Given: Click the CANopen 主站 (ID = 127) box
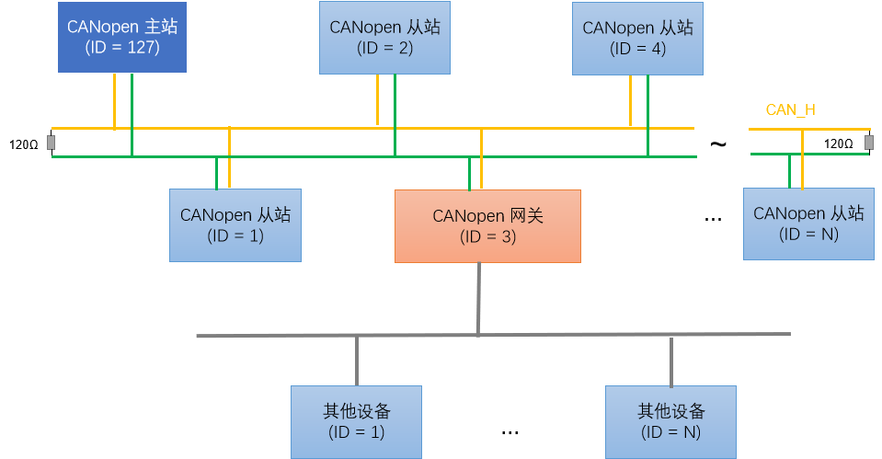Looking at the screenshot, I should tap(122, 37).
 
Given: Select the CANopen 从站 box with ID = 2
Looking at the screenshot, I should tap(384, 37).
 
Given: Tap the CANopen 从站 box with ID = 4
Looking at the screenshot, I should tap(637, 37).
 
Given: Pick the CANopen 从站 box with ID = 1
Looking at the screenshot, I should tap(235, 224).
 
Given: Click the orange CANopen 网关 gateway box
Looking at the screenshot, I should tap(487, 225).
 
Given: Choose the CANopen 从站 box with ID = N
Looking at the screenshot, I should tap(808, 224).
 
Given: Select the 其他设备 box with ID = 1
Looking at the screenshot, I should tap(357, 421).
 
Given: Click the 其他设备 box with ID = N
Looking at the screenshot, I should tap(671, 421).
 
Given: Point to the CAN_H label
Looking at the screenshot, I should tap(790, 110).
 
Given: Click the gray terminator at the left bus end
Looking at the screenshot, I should tap(52, 143).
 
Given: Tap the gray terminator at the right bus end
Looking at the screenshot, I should tap(868, 142).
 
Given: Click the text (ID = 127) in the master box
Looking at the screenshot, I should tap(122, 48).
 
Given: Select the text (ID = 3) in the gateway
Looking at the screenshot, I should tap(487, 236).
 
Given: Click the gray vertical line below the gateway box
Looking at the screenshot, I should tap(478, 294).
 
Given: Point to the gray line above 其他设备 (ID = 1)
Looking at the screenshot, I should tap(357, 361).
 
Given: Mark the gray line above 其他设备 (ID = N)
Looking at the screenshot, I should tap(671, 361).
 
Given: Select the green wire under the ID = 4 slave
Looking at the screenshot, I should tap(647, 110).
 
